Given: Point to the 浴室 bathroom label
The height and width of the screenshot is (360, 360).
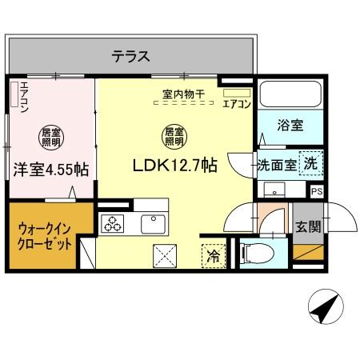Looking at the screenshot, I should (x=289, y=126).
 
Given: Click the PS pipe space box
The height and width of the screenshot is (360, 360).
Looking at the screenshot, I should (x=318, y=191).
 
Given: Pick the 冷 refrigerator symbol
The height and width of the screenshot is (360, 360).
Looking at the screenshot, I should (x=214, y=257).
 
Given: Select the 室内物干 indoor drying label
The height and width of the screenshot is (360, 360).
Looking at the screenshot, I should (x=183, y=94).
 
